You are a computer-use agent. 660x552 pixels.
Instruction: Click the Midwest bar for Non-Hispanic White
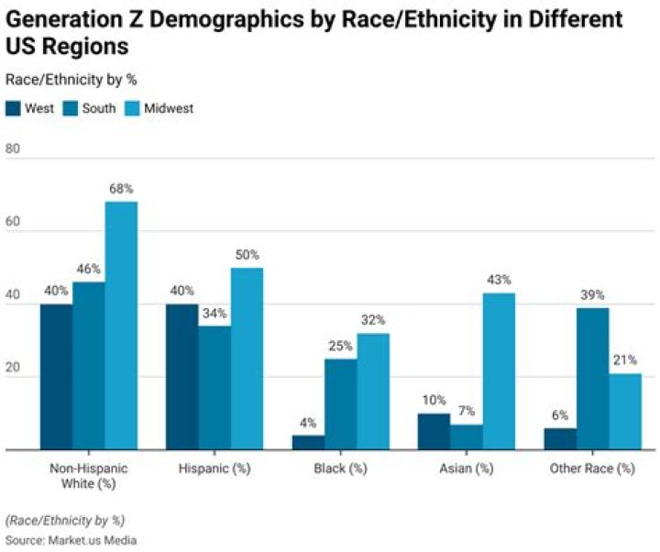pos(121,326)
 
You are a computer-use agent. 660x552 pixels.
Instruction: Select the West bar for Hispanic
pos(182,377)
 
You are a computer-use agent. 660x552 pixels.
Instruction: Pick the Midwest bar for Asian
pos(499,371)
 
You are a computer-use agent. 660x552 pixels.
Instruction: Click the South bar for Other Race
pos(593,379)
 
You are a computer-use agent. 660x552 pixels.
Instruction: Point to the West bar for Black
pos(308,442)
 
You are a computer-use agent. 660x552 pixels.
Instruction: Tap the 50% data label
pos(247,254)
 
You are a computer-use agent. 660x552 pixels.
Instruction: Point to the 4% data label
pos(308,422)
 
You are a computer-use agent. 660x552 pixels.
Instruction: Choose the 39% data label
pos(593,294)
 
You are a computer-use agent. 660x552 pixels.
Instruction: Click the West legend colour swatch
pos(13,108)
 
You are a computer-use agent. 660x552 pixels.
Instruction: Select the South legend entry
pos(91,108)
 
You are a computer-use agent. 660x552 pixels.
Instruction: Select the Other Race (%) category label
pos(593,469)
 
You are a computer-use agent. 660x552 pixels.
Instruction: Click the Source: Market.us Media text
pos(71,540)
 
